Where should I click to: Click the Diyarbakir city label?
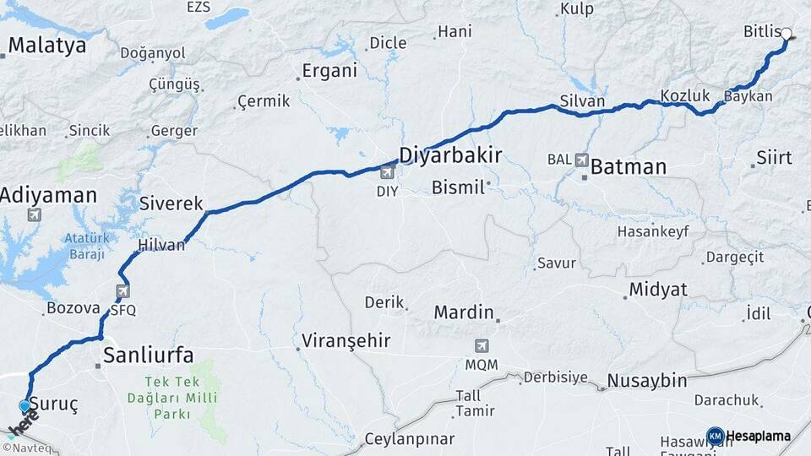click(450, 155)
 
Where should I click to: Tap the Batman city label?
click(628, 166)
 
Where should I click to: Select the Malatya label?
click(47, 45)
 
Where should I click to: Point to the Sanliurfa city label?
click(148, 353)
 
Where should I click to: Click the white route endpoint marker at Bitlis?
click(787, 35)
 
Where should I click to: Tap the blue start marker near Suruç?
click(24, 406)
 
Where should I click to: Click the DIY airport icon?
click(388, 173)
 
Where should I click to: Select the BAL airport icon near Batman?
click(581, 160)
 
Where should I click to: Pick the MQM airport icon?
click(482, 345)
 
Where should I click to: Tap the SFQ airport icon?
click(122, 291)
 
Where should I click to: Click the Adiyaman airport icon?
click(34, 214)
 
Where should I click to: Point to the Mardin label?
click(463, 312)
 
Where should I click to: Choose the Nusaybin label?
click(647, 380)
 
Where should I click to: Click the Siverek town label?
click(171, 204)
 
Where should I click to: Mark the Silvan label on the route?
click(582, 101)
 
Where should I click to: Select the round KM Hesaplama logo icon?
click(715, 436)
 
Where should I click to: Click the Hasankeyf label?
click(653, 231)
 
